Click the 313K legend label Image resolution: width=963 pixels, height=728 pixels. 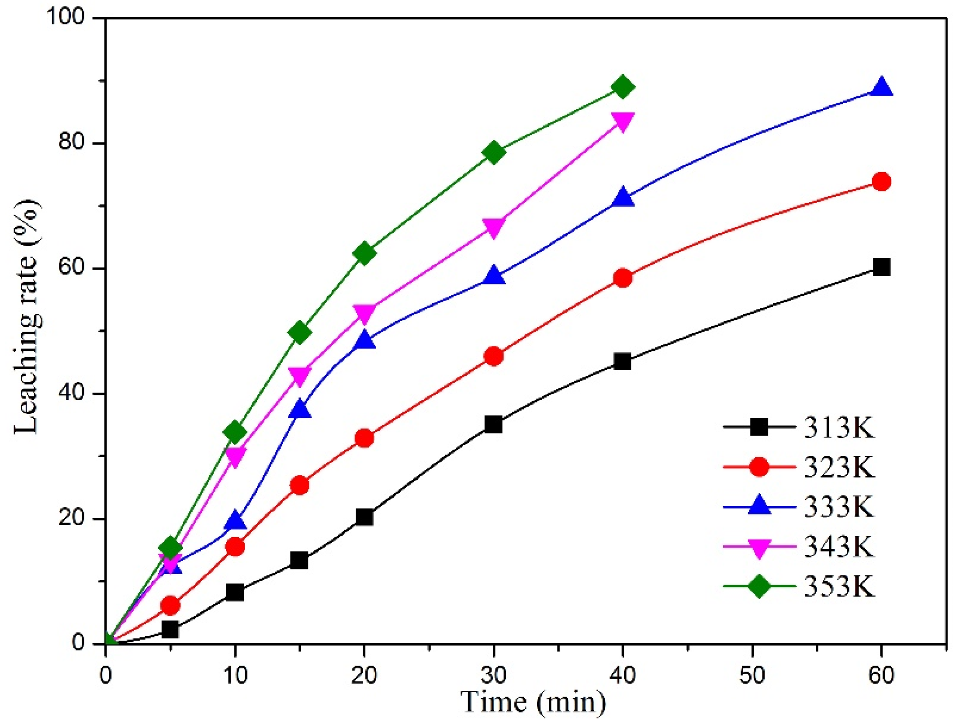click(839, 427)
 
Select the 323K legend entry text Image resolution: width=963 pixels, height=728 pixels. click(839, 467)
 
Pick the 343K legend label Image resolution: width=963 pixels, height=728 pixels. click(839, 546)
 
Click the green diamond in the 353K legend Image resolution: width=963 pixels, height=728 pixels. click(759, 586)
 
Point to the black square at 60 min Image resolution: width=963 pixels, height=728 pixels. click(881, 267)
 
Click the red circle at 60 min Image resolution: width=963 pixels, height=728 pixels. click(881, 182)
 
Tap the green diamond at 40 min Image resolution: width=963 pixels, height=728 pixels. click(623, 87)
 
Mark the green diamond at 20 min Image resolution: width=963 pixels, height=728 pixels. click(364, 253)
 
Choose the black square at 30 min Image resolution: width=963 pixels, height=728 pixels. click(494, 424)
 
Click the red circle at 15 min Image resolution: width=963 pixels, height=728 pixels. click(300, 485)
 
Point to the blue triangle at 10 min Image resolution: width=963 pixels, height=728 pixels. click(235, 521)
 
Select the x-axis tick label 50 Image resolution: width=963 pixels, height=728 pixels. click(752, 675)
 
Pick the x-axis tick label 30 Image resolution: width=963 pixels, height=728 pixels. click(494, 675)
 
